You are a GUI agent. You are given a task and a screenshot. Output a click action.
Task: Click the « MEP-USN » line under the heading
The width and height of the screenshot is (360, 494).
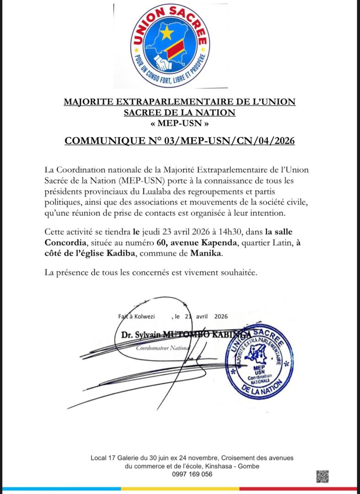point(180,123)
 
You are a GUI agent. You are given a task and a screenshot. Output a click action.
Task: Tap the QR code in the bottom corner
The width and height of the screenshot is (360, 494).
point(322,477)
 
